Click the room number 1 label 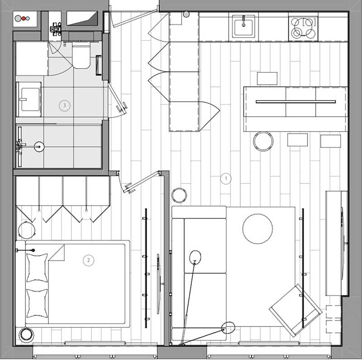coord(226,178)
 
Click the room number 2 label coord(88,260)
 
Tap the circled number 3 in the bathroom coord(64,106)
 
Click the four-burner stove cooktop coord(303,27)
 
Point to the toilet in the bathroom coord(81,55)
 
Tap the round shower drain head coord(39,147)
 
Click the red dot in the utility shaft coord(24,19)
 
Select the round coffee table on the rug coord(257,229)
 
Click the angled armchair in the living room coord(295,310)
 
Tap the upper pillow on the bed coord(37,268)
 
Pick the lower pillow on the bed coord(37,303)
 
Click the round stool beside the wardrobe coord(27,230)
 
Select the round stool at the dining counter coord(263,141)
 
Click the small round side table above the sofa coord(179,195)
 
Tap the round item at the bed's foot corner coord(26,335)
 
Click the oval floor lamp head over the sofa coord(195,257)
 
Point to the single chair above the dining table coord(267,78)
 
